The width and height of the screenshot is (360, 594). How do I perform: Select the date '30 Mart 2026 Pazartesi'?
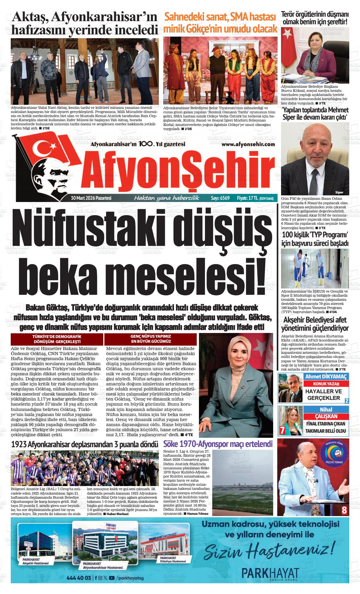click(x=91, y=198)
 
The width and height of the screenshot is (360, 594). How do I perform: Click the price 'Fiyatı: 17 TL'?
click(x=247, y=198)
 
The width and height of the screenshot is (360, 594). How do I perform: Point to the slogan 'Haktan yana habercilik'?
click(x=167, y=198)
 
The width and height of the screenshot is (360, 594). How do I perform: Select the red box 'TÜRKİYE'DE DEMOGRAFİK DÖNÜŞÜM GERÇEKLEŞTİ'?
click(x=57, y=339)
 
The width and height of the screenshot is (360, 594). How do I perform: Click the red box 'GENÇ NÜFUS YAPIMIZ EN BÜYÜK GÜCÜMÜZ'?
click(x=151, y=339)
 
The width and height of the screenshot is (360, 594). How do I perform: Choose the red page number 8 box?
click(x=344, y=510)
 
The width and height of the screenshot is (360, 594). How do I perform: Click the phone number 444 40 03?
click(x=79, y=578)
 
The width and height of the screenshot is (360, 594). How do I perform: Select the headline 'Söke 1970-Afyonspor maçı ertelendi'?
click(x=218, y=444)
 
